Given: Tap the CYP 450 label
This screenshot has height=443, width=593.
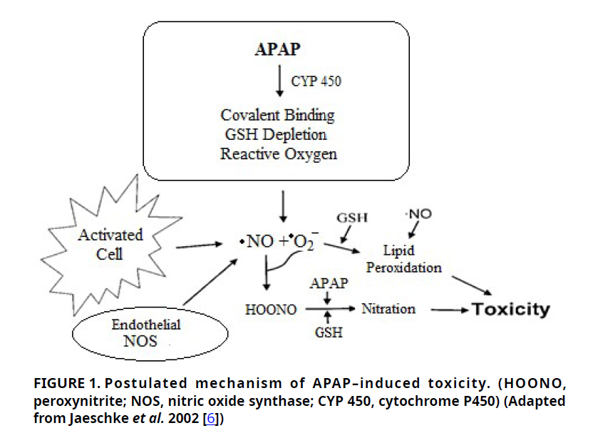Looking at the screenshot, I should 316,81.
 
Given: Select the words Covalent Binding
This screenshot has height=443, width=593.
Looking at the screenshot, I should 277,115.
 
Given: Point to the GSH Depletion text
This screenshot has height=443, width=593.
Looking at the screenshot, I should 275,134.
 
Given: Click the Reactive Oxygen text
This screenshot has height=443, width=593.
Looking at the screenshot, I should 279,153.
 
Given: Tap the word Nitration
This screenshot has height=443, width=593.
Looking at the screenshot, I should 388,309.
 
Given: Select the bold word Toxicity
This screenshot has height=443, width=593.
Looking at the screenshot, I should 512,310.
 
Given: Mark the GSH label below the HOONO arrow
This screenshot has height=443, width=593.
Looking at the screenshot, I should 328,332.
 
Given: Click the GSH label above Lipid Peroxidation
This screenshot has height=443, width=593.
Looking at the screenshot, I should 352,217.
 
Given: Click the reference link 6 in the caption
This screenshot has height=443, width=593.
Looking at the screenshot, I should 210,419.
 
